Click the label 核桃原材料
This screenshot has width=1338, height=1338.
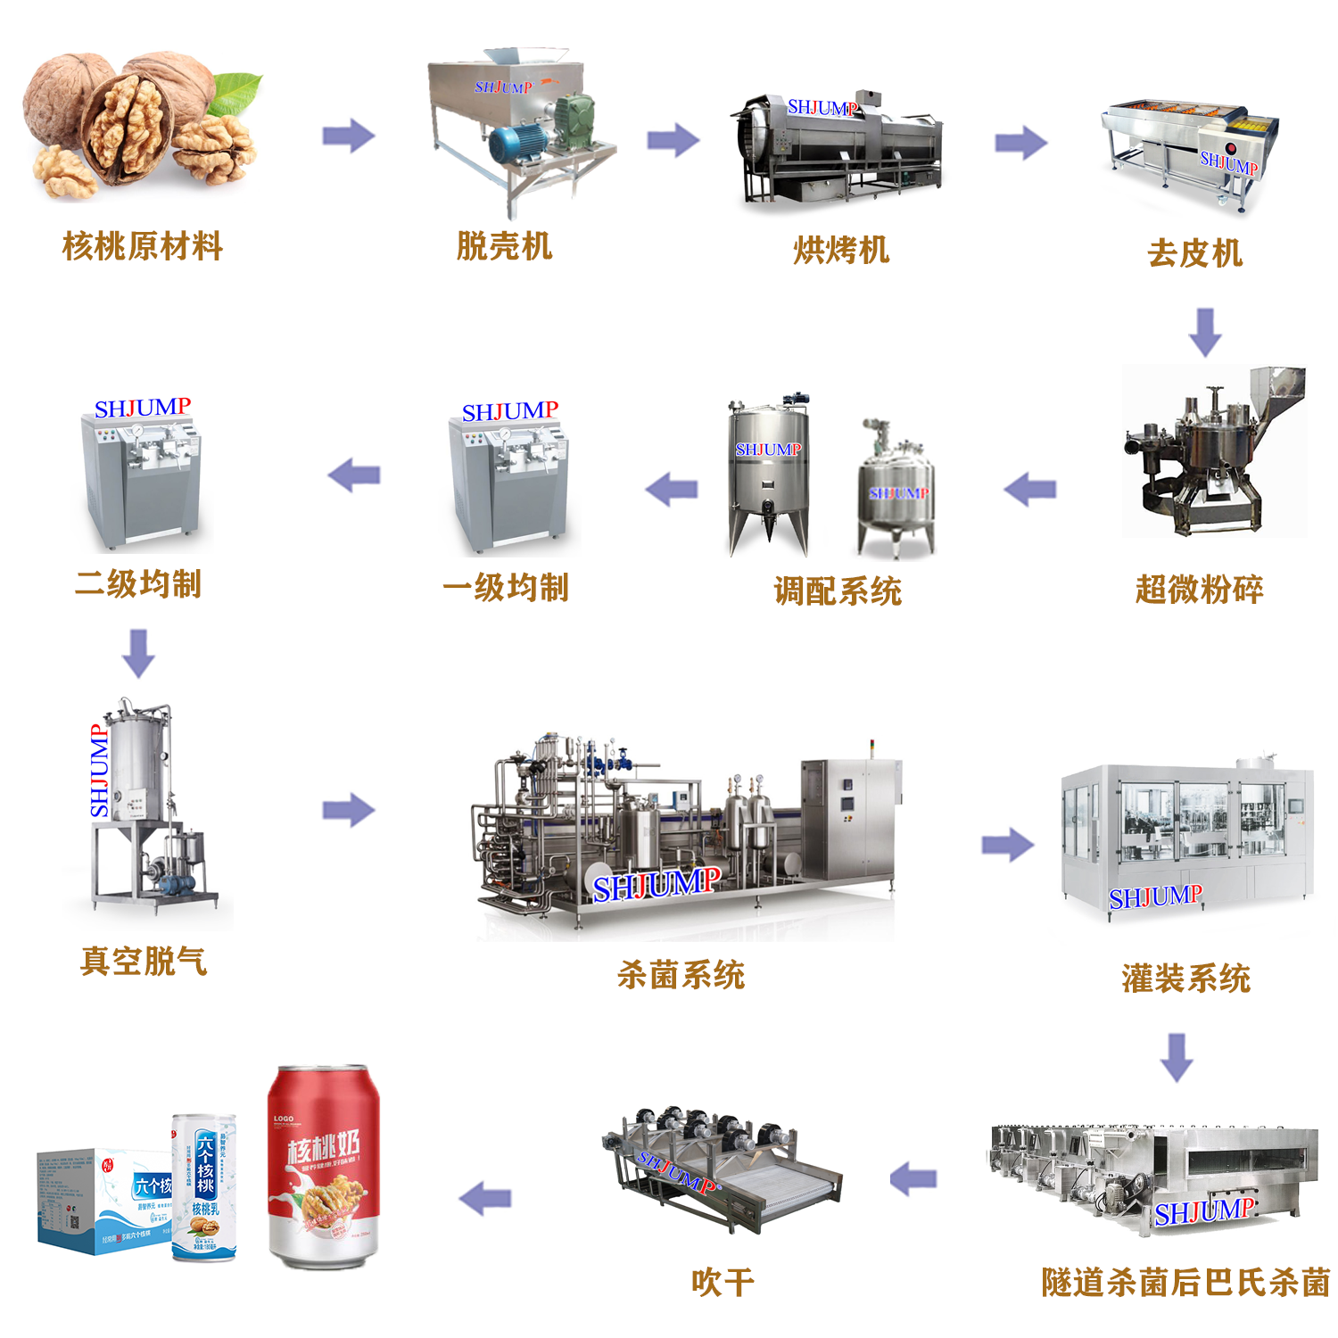143,246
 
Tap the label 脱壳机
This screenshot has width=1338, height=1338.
504,246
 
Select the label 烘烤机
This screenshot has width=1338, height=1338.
841,251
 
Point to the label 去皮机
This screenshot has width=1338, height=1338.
1194,253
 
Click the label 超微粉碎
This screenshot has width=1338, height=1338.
1199,590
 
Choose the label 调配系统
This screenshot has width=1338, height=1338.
838,591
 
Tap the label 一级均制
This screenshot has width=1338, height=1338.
506,588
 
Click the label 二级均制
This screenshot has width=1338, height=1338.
138,584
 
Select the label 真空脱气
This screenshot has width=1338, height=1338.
144,962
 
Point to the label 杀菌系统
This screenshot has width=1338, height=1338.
681,975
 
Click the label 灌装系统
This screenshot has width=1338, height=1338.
1185,979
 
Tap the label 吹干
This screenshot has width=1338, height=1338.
723,1283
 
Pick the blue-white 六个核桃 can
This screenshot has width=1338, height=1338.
204,1186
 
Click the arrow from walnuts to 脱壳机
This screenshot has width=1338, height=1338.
348,136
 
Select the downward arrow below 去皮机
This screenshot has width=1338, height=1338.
1205,332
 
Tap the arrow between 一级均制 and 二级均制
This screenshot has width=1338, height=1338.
355,475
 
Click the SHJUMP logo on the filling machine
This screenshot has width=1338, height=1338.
1154,897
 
